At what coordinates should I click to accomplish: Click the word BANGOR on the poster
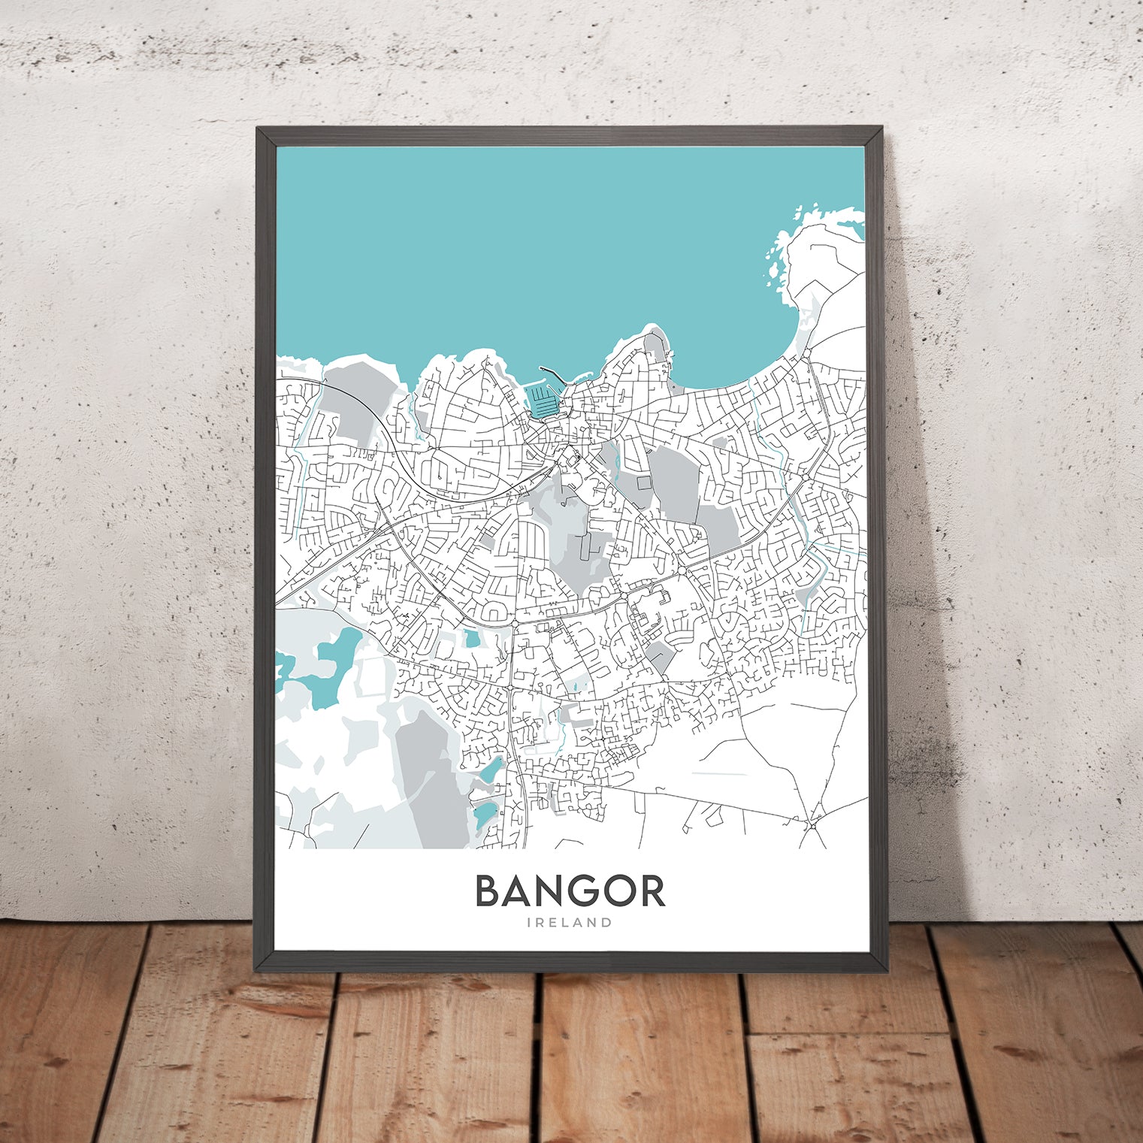(570, 891)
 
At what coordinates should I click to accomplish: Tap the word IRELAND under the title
(570, 923)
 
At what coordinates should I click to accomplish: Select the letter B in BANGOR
(489, 891)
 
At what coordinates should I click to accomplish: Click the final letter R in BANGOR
(651, 891)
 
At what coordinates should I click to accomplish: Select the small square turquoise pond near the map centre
(472, 640)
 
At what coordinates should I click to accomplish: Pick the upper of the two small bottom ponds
(491, 770)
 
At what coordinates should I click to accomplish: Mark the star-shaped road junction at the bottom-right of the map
(813, 826)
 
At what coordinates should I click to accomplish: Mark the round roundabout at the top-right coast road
(806, 352)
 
